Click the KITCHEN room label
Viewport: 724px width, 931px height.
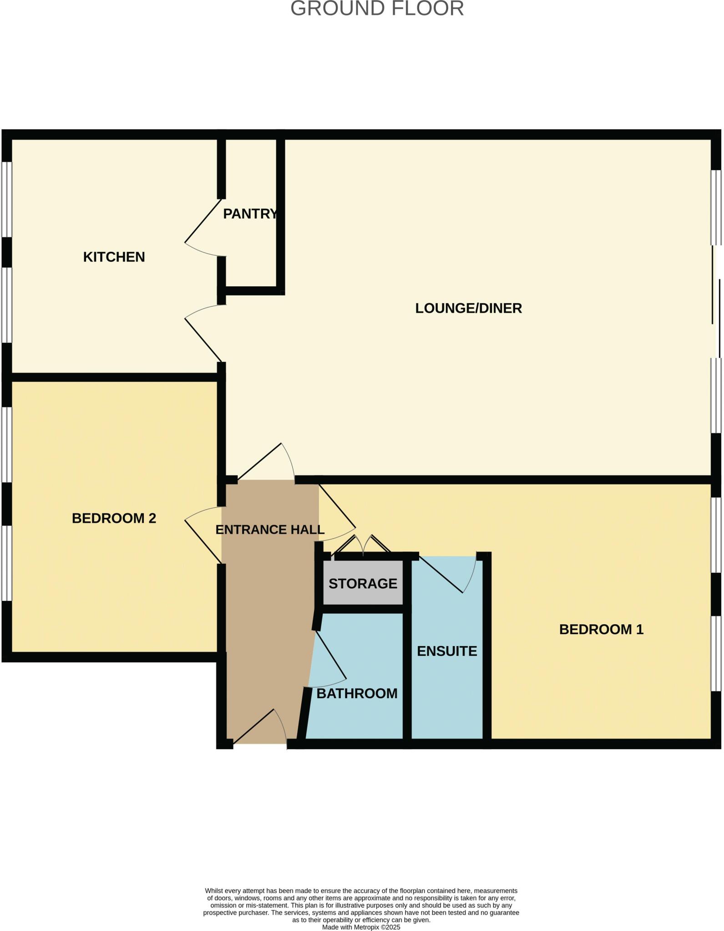coord(114,257)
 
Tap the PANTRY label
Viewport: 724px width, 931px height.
coord(250,214)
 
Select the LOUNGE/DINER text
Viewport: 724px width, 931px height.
coord(468,308)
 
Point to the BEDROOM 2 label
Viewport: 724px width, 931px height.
coord(114,518)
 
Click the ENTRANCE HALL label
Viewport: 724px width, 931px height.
coord(270,530)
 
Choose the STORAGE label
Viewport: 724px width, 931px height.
coord(363,583)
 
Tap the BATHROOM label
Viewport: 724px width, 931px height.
coord(357,693)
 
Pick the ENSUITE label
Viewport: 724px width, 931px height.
coord(447,651)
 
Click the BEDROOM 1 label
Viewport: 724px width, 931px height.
coord(601,629)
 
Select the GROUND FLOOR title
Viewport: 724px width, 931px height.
coord(377,9)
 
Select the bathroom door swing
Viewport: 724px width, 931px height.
coord(330,659)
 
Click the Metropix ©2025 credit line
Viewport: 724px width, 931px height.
coord(361,927)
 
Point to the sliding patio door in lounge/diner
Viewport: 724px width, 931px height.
coord(716,302)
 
